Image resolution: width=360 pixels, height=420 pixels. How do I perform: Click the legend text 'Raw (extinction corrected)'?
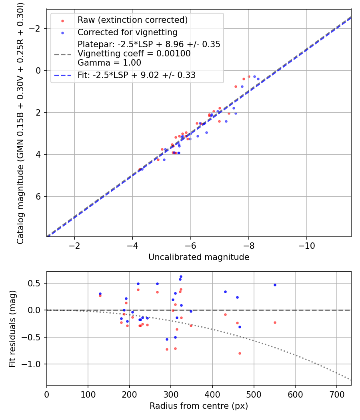pos(132,20)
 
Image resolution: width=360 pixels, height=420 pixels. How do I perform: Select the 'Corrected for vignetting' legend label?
pos(127,32)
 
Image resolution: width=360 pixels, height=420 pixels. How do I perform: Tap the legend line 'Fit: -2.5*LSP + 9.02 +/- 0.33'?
pos(136,75)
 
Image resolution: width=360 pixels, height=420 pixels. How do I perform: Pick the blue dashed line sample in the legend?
pos(62,75)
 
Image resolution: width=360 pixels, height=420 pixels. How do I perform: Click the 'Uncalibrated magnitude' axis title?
pos(199,257)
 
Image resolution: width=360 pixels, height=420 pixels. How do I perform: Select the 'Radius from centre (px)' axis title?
pos(199,406)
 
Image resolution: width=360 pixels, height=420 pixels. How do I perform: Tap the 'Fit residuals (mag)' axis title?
pos(12,328)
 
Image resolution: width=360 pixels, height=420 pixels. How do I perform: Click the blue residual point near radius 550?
pos(275,285)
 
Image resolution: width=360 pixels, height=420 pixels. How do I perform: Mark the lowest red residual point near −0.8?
pos(240,353)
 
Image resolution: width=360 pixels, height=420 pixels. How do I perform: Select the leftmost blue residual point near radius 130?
pos(100,294)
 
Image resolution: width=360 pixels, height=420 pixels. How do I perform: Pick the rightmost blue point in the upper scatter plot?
pos(258,79)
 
